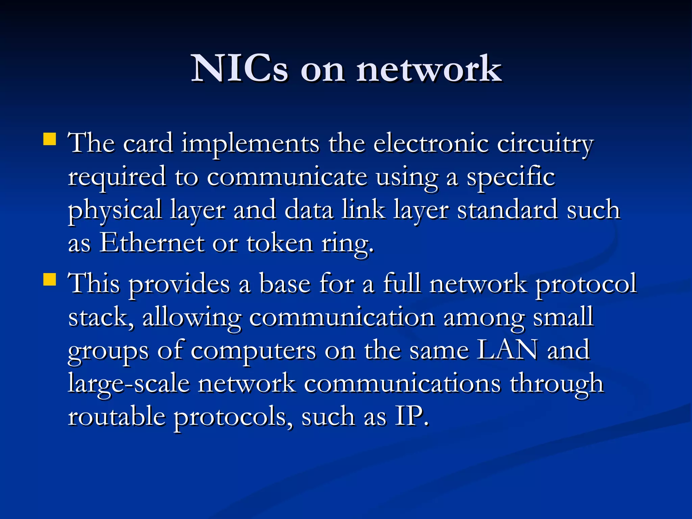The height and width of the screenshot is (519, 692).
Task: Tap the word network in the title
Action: [x=429, y=69]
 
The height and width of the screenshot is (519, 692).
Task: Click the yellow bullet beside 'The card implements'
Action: [x=50, y=139]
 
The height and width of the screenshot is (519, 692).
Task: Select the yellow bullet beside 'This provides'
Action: [x=50, y=279]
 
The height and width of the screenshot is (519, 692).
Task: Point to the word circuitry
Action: [x=545, y=144]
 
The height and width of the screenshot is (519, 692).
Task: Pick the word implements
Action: [x=250, y=144]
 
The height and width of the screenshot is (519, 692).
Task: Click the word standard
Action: [x=507, y=209]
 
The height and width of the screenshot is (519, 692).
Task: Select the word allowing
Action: [x=192, y=318]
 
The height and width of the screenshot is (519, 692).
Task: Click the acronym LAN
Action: [x=507, y=350]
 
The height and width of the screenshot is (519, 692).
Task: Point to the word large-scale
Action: [x=129, y=383]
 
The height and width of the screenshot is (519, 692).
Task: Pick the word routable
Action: [x=117, y=416]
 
